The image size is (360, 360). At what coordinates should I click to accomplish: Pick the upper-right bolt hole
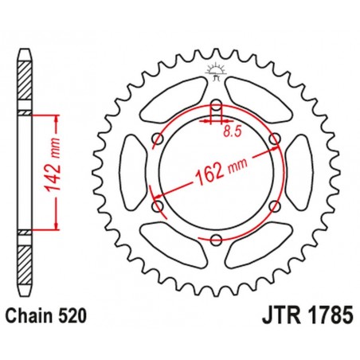[276, 141]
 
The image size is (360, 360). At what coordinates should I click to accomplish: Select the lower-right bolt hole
[276, 206]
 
